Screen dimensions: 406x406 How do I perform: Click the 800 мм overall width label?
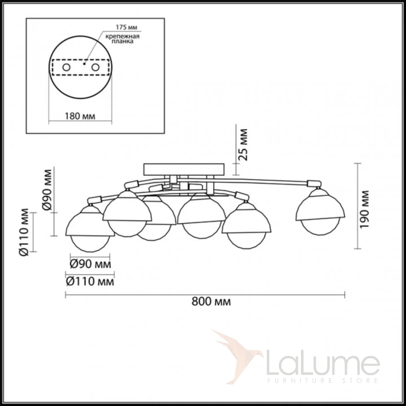tap(211, 302)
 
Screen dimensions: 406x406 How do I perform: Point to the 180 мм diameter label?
tap(80, 116)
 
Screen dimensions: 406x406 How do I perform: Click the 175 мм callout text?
tap(127, 27)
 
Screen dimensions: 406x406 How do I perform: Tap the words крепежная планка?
tap(122, 39)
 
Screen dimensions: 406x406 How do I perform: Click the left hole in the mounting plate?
tap(66, 68)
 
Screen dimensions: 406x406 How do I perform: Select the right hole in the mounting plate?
tap(95, 68)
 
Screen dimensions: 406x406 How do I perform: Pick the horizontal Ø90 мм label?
tap(90, 264)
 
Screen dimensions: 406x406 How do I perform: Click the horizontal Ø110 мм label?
tap(90, 281)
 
